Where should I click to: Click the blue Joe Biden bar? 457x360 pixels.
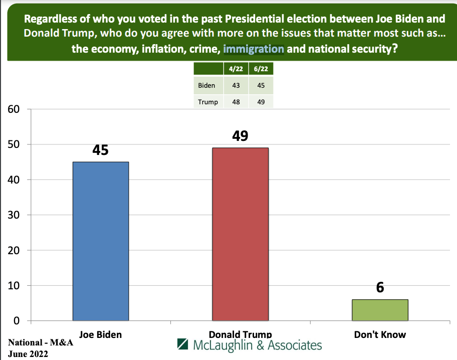(101, 241)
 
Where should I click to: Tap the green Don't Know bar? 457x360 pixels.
(380, 310)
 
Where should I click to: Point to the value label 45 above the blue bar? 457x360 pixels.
(101, 150)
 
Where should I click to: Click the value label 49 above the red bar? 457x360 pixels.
(240, 136)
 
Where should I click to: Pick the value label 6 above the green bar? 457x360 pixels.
(380, 288)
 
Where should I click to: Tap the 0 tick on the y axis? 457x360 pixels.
(16, 320)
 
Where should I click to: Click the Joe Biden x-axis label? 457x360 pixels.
(101, 334)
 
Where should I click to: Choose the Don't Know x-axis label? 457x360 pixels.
(380, 334)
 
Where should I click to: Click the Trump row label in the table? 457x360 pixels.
(208, 102)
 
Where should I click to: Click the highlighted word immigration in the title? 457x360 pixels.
(254, 50)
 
